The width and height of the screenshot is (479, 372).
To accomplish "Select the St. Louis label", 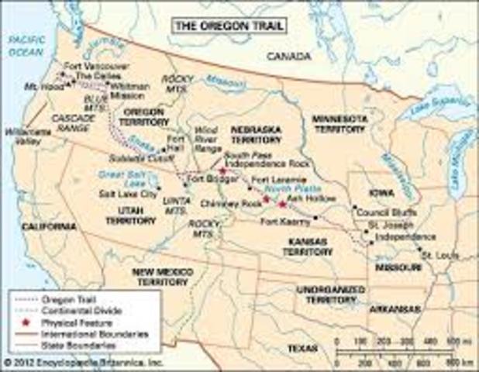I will (x=436, y=255).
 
